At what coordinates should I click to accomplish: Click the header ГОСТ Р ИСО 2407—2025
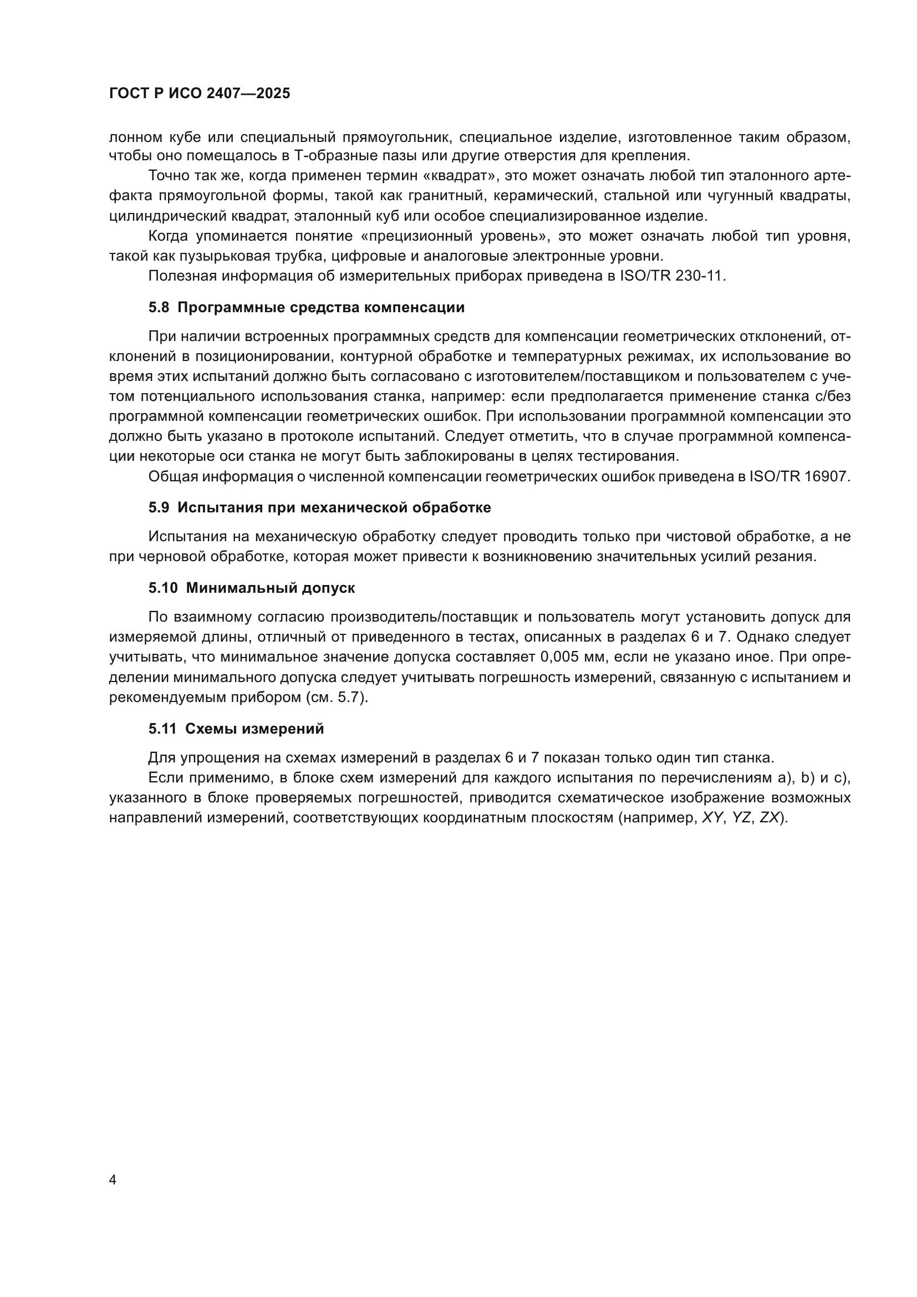pyautogui.click(x=200, y=93)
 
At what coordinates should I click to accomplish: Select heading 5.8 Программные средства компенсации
pyautogui.click(x=307, y=307)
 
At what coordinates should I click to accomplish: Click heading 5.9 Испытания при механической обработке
pyautogui.click(x=319, y=507)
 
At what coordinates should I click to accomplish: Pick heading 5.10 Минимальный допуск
pyautogui.click(x=252, y=587)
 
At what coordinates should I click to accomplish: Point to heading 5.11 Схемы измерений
pyautogui.click(x=236, y=729)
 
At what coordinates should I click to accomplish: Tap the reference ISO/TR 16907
pyautogui.click(x=798, y=476)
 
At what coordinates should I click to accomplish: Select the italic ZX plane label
pyautogui.click(x=769, y=818)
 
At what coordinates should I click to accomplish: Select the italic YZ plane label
pyautogui.click(x=741, y=818)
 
